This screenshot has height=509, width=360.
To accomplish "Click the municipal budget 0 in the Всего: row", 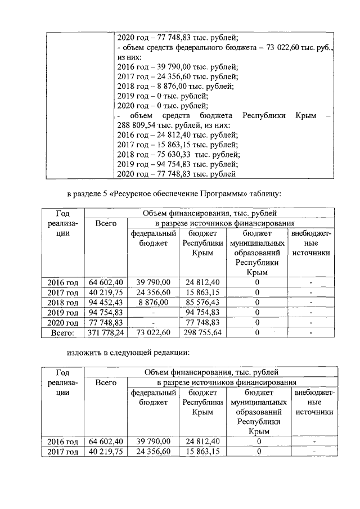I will pos(257,334).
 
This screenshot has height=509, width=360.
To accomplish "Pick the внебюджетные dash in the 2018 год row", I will pos(311,302).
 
